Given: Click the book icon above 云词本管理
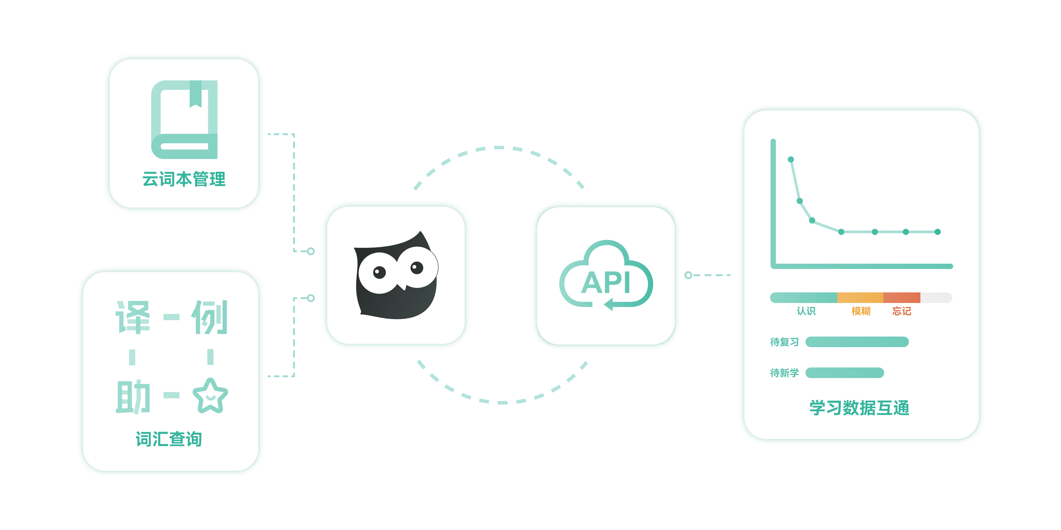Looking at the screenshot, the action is [184, 119].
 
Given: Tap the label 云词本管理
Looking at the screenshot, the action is [184, 179].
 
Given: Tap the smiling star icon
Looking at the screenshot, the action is [210, 396].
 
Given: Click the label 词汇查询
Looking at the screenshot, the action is [169, 439].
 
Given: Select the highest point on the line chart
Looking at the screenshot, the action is [791, 159].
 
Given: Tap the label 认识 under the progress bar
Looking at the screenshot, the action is [806, 311].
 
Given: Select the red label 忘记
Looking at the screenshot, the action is [902, 311].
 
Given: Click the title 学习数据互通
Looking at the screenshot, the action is [860, 408].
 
